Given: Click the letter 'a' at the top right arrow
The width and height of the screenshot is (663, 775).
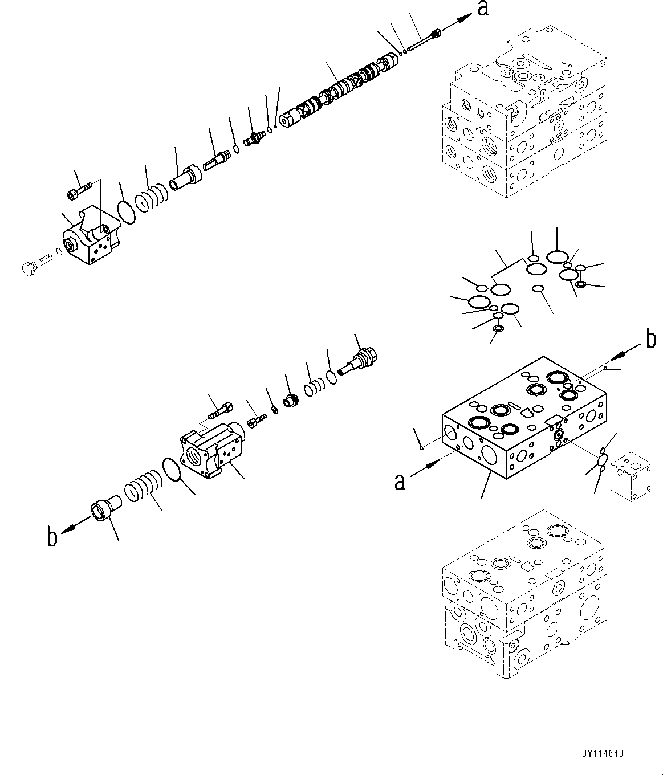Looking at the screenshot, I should click(483, 10).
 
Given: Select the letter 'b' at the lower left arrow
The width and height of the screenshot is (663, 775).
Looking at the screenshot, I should click(52, 537).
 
